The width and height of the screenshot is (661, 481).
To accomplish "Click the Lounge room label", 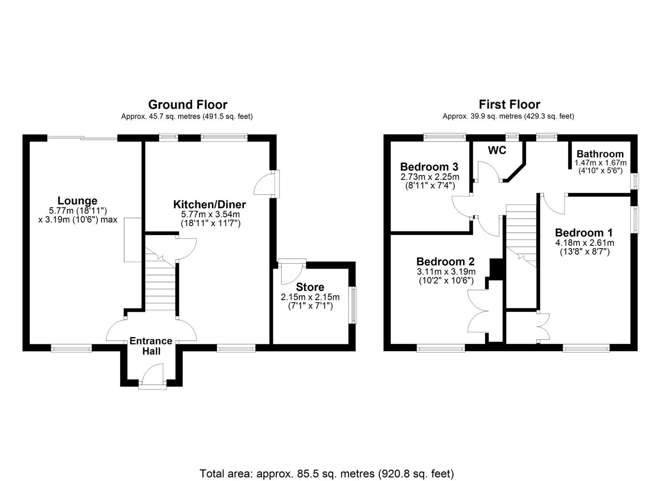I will [77, 201].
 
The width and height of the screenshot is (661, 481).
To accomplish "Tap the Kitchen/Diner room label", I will [209, 204].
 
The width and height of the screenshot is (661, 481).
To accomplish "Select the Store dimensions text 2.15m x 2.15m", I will [310, 297].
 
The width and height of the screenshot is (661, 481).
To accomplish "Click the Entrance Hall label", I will [151, 346].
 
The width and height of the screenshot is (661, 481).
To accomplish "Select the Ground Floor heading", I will [187, 105].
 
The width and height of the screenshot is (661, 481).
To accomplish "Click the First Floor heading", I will [509, 105].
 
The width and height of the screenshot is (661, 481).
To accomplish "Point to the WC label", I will [497, 151].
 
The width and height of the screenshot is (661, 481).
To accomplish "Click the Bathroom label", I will [600, 154].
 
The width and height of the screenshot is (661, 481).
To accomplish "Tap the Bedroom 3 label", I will [429, 167].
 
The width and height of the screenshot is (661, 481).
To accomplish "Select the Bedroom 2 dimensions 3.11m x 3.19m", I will [446, 272].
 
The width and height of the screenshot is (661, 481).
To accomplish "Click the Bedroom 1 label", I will [584, 232].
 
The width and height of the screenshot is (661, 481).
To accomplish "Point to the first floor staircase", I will [521, 236].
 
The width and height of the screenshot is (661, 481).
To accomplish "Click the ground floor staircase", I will [161, 285].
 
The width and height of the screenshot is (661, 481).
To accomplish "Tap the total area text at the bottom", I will [327, 473].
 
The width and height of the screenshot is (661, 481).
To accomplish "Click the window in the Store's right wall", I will [353, 305].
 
